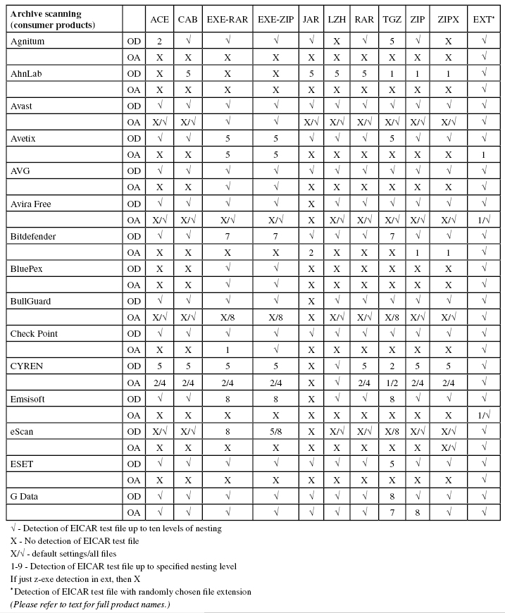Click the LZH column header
click(335, 20)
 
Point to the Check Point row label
click(34, 333)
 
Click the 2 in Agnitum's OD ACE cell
click(160, 42)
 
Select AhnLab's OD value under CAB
click(188, 74)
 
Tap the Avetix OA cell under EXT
click(484, 154)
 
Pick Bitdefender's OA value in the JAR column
click(310, 252)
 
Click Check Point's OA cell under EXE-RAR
click(227, 349)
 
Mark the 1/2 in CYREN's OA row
click(389, 382)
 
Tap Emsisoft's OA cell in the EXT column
click(484, 414)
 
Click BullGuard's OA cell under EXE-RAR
click(227, 317)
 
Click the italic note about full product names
click(89, 604)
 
